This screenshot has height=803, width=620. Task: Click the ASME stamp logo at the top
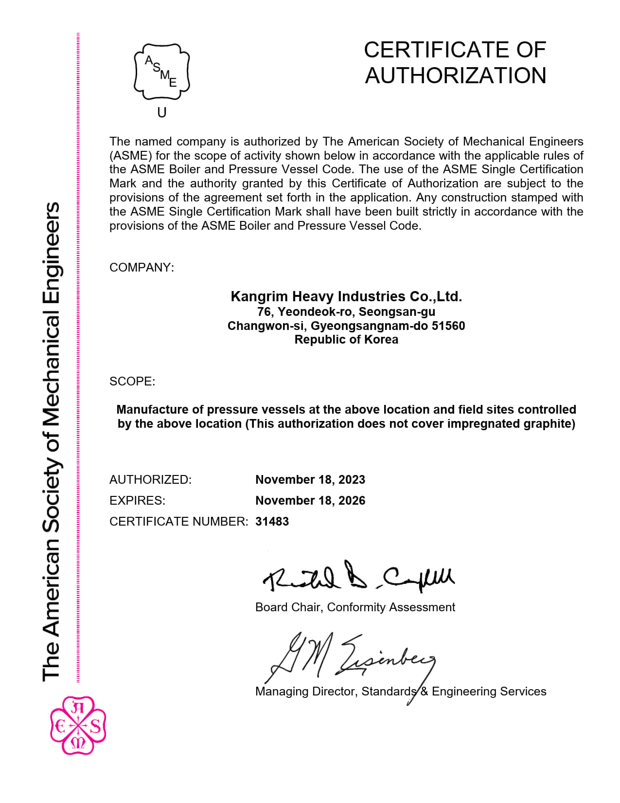(161, 72)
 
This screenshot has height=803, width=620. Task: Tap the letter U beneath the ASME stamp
(162, 113)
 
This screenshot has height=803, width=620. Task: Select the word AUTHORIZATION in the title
(456, 76)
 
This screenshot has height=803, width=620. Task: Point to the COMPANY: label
(142, 268)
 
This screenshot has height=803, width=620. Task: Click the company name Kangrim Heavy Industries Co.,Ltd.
(346, 296)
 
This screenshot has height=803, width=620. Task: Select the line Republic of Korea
(346, 340)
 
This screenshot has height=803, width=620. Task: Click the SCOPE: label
(132, 381)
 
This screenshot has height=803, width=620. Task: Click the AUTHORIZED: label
(150, 480)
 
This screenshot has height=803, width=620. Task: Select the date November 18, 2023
(310, 480)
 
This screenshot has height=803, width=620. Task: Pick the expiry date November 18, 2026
(310, 501)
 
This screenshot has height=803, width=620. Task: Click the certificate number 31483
(272, 522)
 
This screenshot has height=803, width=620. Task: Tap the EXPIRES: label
(137, 501)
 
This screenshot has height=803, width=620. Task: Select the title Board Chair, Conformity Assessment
(355, 607)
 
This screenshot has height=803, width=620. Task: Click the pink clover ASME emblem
(78, 726)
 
